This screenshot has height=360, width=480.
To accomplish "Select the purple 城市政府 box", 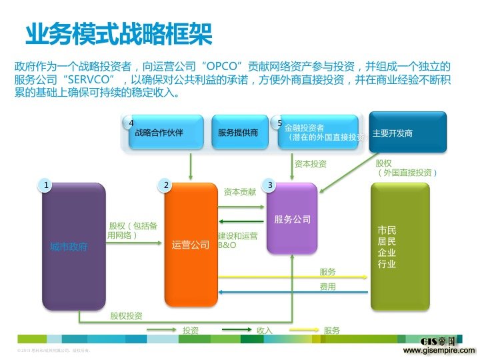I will pyautogui.click(x=73, y=247).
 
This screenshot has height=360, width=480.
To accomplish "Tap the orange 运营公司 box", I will pyautogui.click(x=191, y=244).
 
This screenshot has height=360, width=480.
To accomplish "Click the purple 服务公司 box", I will pyautogui.click(x=293, y=219).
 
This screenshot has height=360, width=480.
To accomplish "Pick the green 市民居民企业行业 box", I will pyautogui.click(x=400, y=247).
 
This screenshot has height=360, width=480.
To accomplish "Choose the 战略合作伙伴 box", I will pyautogui.click(x=159, y=133).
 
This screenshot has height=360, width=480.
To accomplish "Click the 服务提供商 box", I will pyautogui.click(x=238, y=133).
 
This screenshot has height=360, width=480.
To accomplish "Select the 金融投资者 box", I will pyautogui.click(x=317, y=133).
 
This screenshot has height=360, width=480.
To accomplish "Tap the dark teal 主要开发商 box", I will pyautogui.click(x=408, y=132).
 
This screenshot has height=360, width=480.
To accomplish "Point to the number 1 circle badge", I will pyautogui.click(x=45, y=185).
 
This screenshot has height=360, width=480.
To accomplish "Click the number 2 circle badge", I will pyautogui.click(x=166, y=185).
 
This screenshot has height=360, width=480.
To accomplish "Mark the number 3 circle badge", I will pyautogui.click(x=269, y=185).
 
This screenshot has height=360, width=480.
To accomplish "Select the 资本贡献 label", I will pyautogui.click(x=240, y=192).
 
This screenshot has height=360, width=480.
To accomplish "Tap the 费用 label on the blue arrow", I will pyautogui.click(x=327, y=287).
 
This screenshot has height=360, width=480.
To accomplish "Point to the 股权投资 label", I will pyautogui.click(x=126, y=315).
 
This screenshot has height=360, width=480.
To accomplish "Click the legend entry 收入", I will pyautogui.click(x=265, y=330).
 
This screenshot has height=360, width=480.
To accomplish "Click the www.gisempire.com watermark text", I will pyautogui.click(x=439, y=350).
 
